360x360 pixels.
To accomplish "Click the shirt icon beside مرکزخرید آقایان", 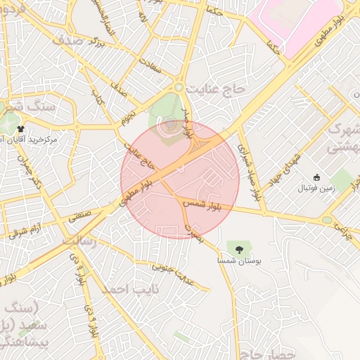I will pyautogui.click(x=22, y=129).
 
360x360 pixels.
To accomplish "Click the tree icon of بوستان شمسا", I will pyautogui.click(x=240, y=248).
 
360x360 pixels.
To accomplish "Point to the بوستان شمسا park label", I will pyautogui.click(x=240, y=260).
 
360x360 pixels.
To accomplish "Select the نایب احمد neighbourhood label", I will pyautogui.click(x=131, y=289).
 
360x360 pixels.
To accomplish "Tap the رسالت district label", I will pyautogui.click(x=78, y=240).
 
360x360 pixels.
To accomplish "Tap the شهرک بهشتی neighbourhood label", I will pyautogui.click(x=344, y=140).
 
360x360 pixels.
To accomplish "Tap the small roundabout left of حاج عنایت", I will pyautogui.click(x=179, y=87).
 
